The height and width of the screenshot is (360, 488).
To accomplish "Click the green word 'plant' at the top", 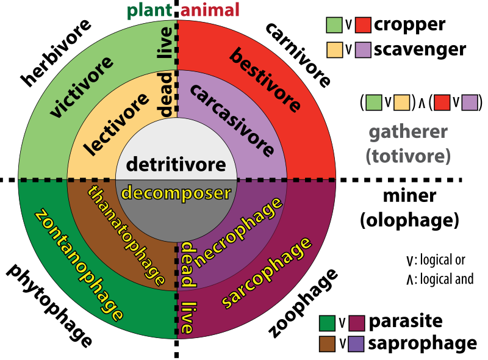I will pos(149,10).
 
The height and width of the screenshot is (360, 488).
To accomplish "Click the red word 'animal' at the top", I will pos(210,10).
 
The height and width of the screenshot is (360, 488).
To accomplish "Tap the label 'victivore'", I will pos(82,87).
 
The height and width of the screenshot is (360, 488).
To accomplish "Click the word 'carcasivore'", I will pos(232,120).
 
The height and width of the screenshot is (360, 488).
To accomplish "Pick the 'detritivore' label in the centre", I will pos(176,164).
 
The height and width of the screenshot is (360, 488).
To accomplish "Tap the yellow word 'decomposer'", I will pos(176,193).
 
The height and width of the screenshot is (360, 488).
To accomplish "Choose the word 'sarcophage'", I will pos(266,273).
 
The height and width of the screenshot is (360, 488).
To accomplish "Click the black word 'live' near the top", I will pos(165,43).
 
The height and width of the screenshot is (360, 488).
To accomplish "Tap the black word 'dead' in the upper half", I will pos(165,94).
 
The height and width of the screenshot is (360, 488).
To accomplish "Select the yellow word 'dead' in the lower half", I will pos(187,265).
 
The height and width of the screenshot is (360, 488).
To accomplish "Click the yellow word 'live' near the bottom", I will pos(187,318).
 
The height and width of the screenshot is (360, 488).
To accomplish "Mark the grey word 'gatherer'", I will pos(408,132).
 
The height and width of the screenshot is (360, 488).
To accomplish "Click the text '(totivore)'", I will pos(408,156).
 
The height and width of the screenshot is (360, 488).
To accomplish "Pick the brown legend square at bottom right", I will pos(327,344).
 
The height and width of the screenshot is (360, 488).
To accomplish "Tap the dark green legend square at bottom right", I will pos(327,323).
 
